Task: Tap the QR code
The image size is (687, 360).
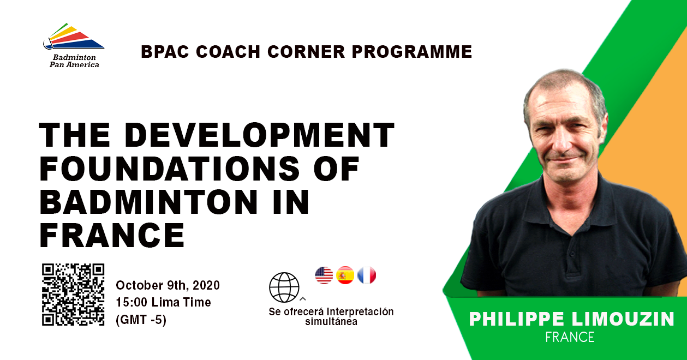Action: coord(73,295)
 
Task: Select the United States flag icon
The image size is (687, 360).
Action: coord(324,275)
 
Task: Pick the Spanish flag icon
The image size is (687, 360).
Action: coord(345,275)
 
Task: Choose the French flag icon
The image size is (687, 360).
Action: coord(367,275)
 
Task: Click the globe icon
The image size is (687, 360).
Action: coord(284,287)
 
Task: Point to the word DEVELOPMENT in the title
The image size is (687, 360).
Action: coord(259,135)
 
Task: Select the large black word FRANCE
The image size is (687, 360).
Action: coord(112,235)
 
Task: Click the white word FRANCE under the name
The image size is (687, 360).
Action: coord(570,337)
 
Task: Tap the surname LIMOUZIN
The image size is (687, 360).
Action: coord(623,319)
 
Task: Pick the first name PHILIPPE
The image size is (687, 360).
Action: coord(516,319)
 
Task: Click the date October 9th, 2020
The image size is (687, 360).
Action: coord(168,285)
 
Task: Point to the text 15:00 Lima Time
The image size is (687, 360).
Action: coord(164,302)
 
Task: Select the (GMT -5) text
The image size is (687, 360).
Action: coord(141,320)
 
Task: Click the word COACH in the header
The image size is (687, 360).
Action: coord(228,51)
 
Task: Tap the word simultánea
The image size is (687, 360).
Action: coord(331,322)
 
